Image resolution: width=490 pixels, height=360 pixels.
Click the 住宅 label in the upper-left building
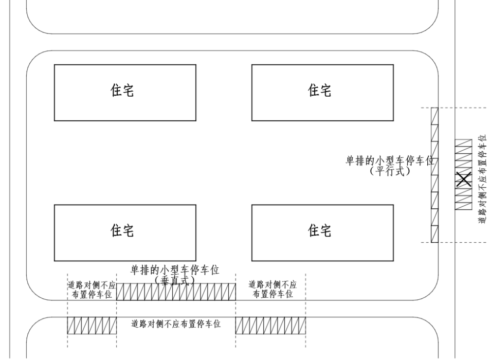(x=122, y=91)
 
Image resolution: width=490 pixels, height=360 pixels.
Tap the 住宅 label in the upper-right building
(x=319, y=91)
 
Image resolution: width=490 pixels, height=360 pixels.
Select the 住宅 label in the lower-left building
(x=122, y=231)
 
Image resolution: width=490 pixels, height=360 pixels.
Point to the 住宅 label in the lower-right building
(x=319, y=231)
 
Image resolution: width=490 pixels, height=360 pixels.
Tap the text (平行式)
(x=389, y=171)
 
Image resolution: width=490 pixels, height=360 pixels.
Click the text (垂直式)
(x=175, y=280)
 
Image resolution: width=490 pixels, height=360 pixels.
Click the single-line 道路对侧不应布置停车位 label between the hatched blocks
(x=176, y=325)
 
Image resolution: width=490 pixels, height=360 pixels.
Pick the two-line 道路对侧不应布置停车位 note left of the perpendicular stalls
(x=92, y=290)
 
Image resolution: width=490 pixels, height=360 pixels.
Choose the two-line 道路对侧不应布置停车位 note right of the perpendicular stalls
(x=273, y=290)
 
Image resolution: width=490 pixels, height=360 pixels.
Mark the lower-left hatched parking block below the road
(x=92, y=326)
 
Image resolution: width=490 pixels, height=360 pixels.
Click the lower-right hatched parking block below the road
(x=270, y=326)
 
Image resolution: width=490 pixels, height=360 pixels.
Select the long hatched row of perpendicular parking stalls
(x=176, y=292)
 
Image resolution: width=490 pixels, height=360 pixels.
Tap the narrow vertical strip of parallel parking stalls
(x=434, y=175)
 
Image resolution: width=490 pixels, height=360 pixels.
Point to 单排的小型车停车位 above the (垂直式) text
(x=175, y=270)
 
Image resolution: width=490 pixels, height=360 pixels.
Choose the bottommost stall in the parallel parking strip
(x=434, y=234)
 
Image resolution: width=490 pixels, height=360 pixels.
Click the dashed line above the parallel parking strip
(x=452, y=107)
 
